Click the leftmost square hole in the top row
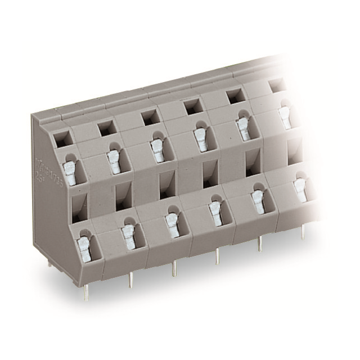(62, 137)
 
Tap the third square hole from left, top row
(150, 117)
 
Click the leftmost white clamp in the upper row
(71, 173)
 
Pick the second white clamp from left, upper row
(114, 161)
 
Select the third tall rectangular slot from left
(167, 185)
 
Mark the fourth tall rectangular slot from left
(210, 174)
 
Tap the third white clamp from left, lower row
(172, 224)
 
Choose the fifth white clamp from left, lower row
(258, 201)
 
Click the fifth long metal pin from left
(259, 244)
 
